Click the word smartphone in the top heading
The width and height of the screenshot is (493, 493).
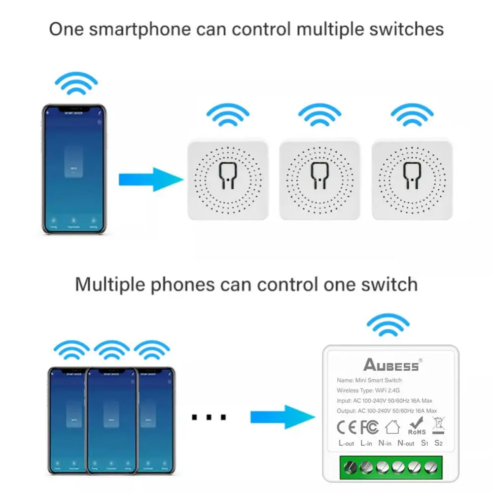119,29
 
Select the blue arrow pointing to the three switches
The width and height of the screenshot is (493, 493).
151,179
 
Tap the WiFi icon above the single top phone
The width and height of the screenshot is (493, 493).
76,84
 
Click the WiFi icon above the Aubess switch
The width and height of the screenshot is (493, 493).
388,325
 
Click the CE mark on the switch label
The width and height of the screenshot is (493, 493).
347,426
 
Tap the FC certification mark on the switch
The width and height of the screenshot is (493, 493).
370,426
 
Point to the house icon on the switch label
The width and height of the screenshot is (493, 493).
392,426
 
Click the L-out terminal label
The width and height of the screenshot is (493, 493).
347,443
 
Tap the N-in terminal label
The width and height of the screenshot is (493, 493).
385,443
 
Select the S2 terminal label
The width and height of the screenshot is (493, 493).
438,443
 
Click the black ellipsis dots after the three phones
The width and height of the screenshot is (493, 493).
209,418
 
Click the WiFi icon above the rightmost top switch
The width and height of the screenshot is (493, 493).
412,114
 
